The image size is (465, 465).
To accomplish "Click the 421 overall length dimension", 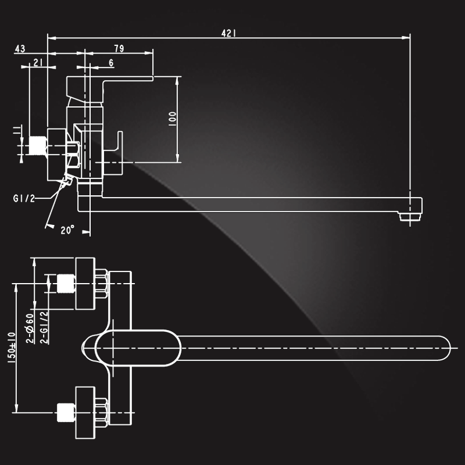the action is pos(228,33).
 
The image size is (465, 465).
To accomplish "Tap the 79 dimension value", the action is pos(119,48).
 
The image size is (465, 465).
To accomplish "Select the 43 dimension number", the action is pos(20,49).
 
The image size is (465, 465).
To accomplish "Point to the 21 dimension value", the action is pos(38,63).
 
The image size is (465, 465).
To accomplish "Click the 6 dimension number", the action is pos(111,63).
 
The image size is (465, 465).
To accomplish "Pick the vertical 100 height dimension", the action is pos(172,119).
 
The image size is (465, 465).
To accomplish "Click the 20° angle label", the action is pos(67,230).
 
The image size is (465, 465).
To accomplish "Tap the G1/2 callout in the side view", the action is pos(24,198).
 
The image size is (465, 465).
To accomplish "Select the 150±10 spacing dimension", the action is pos(11,348).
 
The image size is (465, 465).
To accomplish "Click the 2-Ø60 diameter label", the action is pos(30,328).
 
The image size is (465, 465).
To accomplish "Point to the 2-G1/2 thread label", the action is pos(44,327).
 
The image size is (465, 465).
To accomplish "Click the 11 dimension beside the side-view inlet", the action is pos(17,130).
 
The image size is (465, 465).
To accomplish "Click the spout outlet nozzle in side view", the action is pos(410,217).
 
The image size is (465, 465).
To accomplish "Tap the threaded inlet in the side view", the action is pos(38,145).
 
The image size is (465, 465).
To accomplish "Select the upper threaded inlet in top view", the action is pos(66,284).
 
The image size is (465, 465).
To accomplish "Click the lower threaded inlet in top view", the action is pos(66,412).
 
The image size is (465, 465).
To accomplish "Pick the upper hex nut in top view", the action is pos(101,284).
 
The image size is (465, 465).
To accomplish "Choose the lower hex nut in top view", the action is pos(101,412).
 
